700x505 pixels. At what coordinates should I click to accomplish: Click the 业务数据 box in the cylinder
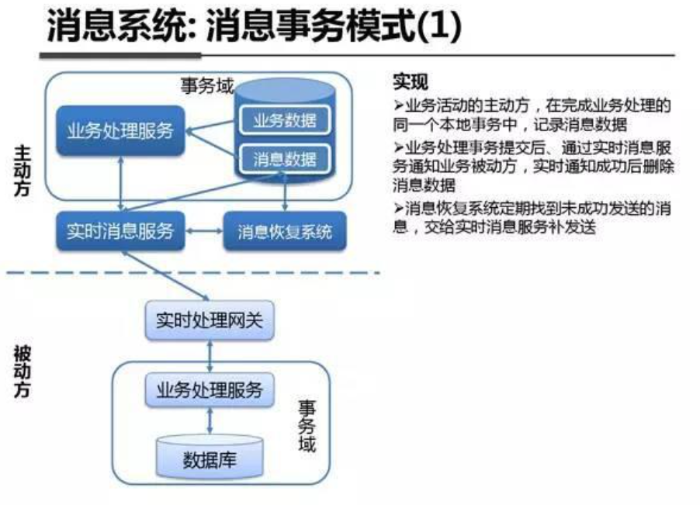[x=285, y=119]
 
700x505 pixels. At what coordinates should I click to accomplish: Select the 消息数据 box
[x=285, y=159]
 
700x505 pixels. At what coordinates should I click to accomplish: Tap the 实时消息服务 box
[x=120, y=231]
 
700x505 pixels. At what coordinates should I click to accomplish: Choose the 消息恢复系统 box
[x=285, y=231]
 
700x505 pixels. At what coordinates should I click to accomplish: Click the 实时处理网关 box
[x=210, y=320]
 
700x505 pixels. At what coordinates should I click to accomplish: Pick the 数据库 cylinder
[x=210, y=457]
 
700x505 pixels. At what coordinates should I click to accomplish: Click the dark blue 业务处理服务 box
[x=120, y=131]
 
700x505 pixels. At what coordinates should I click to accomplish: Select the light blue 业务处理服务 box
[x=210, y=390]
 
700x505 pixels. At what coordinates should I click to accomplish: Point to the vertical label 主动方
[x=22, y=171]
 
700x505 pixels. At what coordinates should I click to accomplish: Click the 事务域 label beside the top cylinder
[x=206, y=85]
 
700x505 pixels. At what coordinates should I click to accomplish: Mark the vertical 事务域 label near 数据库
[x=307, y=426]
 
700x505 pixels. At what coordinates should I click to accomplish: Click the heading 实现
[x=411, y=81]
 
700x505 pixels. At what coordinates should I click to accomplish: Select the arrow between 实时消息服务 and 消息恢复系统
[x=204, y=231]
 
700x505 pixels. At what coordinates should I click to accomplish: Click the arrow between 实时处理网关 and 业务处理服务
[x=210, y=356]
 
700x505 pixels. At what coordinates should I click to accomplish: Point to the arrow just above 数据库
[x=210, y=420]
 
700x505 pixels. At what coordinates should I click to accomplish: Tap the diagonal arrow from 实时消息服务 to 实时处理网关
[x=165, y=275]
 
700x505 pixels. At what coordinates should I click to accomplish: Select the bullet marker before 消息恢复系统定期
[x=398, y=208]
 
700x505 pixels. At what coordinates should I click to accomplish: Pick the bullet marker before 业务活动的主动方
[x=398, y=105]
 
